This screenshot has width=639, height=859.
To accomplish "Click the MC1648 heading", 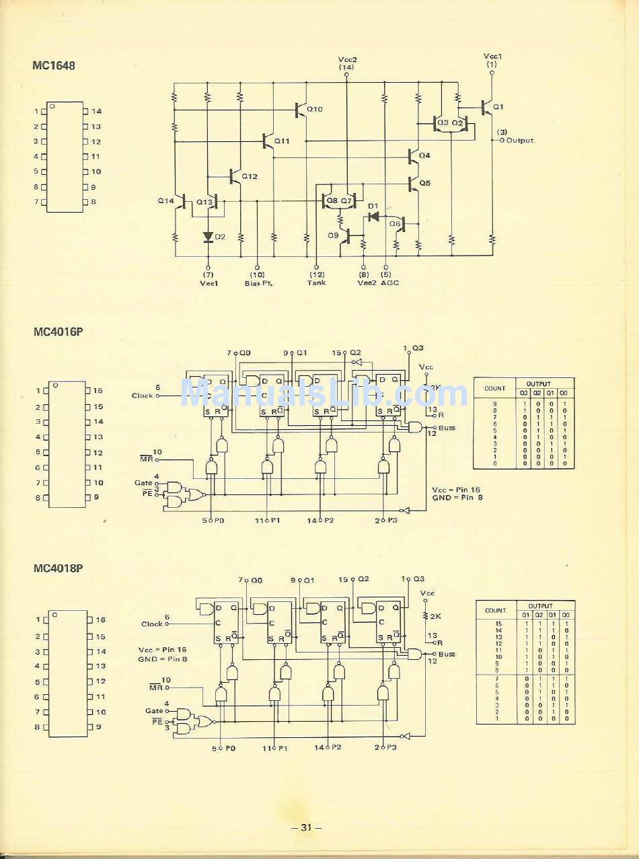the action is pos(54,66).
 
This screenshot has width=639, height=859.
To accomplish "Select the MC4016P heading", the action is pos(58,332).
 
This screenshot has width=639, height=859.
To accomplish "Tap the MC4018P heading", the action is pos(58,568).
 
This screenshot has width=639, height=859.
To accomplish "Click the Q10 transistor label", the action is pos(314,109).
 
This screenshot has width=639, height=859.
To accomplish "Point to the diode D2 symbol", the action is pos(208,236).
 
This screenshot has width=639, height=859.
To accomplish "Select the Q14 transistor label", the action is pos(165,200).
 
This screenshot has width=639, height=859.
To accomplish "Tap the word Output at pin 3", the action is pos(520,141).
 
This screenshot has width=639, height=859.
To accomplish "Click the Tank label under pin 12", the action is pos(316,283).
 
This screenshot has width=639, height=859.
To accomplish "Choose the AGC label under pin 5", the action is pos(389,283).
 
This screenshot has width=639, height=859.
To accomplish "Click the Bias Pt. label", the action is pos(258,283).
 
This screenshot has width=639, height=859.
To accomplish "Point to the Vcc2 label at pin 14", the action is pos(347,60).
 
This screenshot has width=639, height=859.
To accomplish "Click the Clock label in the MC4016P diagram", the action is pos(142,396).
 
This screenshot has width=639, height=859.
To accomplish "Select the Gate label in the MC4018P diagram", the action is pos(154,710).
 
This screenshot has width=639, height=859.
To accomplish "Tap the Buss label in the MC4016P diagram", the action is pos(447,428).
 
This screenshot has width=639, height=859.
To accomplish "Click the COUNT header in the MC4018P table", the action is pos(495,611).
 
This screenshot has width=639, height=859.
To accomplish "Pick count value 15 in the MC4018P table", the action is pos(498,624).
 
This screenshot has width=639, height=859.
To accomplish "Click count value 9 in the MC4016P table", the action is pos(494,403).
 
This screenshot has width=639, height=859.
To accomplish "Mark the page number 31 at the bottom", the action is pos(306,827).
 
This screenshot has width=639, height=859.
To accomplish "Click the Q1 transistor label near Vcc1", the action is pos(498,107).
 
